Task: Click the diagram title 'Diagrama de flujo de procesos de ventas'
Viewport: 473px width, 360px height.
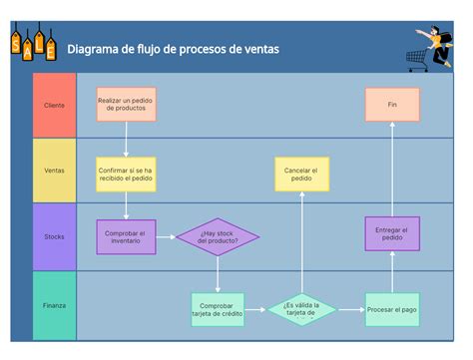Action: tap(173, 49)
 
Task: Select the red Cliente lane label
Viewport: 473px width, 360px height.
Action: tap(54, 105)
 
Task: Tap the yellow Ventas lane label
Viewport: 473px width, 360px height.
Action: tap(54, 171)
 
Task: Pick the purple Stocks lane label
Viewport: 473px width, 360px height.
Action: tap(54, 236)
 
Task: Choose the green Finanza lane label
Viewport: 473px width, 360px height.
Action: tap(54, 305)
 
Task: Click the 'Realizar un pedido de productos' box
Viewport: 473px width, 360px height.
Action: tap(126, 104)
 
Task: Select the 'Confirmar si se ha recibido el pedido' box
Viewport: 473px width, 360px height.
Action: tap(126, 174)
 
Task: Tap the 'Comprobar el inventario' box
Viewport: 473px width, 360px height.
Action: tap(126, 236)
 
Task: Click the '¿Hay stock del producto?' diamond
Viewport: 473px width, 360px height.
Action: tap(218, 236)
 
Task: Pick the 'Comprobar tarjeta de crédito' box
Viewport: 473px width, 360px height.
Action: tap(217, 309)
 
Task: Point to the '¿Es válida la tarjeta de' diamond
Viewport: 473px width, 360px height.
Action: tap(300, 309)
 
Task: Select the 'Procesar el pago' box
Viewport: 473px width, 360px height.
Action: tap(392, 309)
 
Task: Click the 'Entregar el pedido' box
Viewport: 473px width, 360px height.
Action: tap(392, 233)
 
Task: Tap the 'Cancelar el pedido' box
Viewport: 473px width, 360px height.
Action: tap(300, 175)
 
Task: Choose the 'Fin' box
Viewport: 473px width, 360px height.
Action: tap(392, 104)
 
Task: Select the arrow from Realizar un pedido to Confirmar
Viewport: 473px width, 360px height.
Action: tap(126, 139)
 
